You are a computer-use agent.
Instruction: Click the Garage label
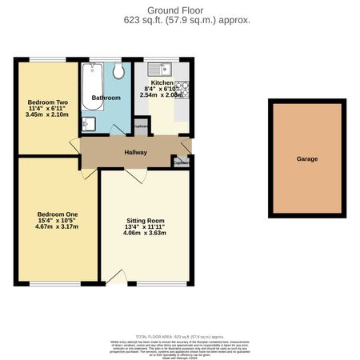pos(307,159)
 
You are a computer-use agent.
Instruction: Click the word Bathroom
pos(106,98)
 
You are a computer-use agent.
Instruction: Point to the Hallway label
pos(136,153)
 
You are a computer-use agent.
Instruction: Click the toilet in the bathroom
pos(118,72)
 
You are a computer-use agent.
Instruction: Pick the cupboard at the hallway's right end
pos(182,162)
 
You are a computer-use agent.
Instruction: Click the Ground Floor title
pos(180,10)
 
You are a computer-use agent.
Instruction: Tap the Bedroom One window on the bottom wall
pos(56,283)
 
